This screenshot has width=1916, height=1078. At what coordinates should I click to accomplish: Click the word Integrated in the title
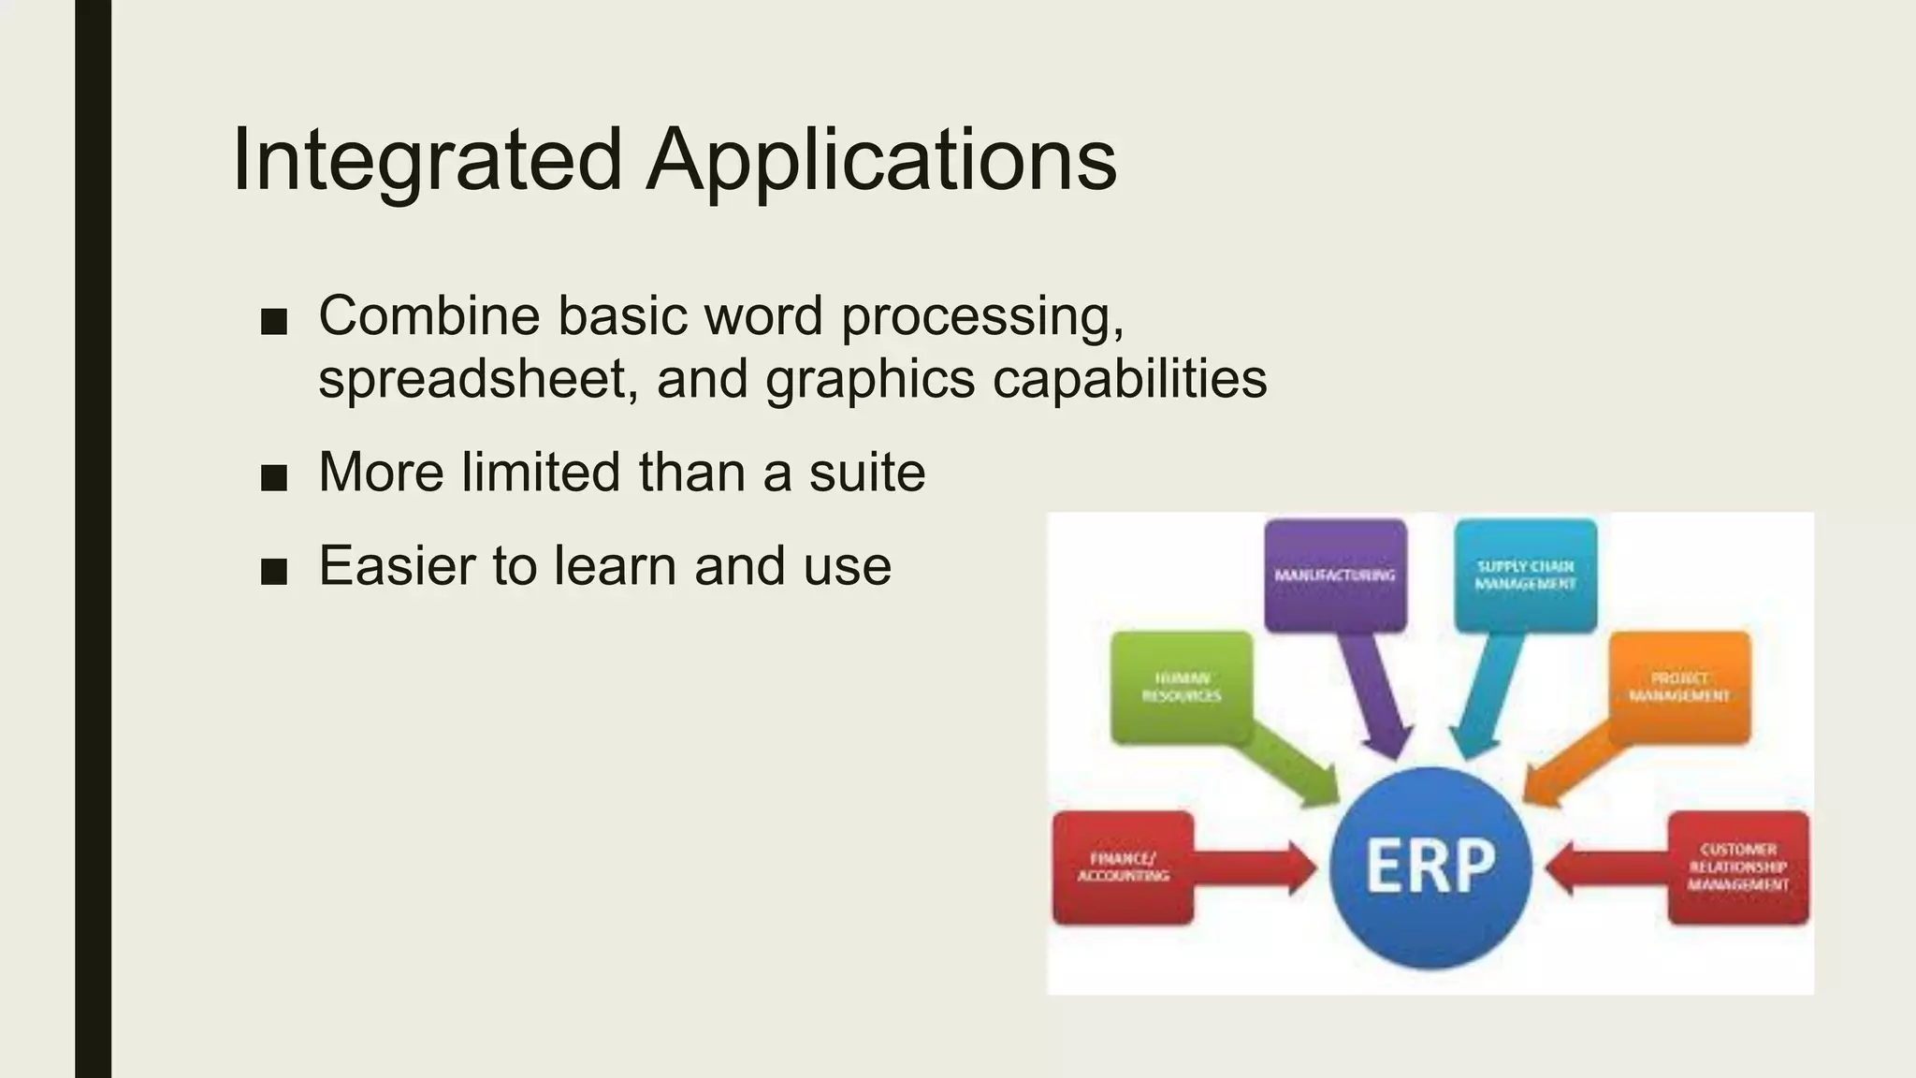[427, 161]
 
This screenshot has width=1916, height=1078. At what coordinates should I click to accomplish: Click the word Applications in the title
[881, 161]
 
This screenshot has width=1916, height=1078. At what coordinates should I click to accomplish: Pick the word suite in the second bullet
[866, 473]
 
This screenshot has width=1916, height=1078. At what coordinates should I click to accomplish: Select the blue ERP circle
[1430, 867]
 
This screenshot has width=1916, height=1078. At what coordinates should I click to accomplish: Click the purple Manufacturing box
[1335, 575]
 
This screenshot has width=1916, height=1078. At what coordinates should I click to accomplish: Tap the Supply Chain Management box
[1525, 575]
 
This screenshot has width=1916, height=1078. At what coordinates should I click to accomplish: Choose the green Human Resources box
[1182, 687]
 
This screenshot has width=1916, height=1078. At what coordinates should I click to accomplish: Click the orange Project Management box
[1679, 687]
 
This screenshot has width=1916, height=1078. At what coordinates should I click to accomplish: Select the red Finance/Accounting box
[1123, 867]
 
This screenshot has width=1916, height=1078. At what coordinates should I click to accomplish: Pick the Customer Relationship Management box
[1738, 867]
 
